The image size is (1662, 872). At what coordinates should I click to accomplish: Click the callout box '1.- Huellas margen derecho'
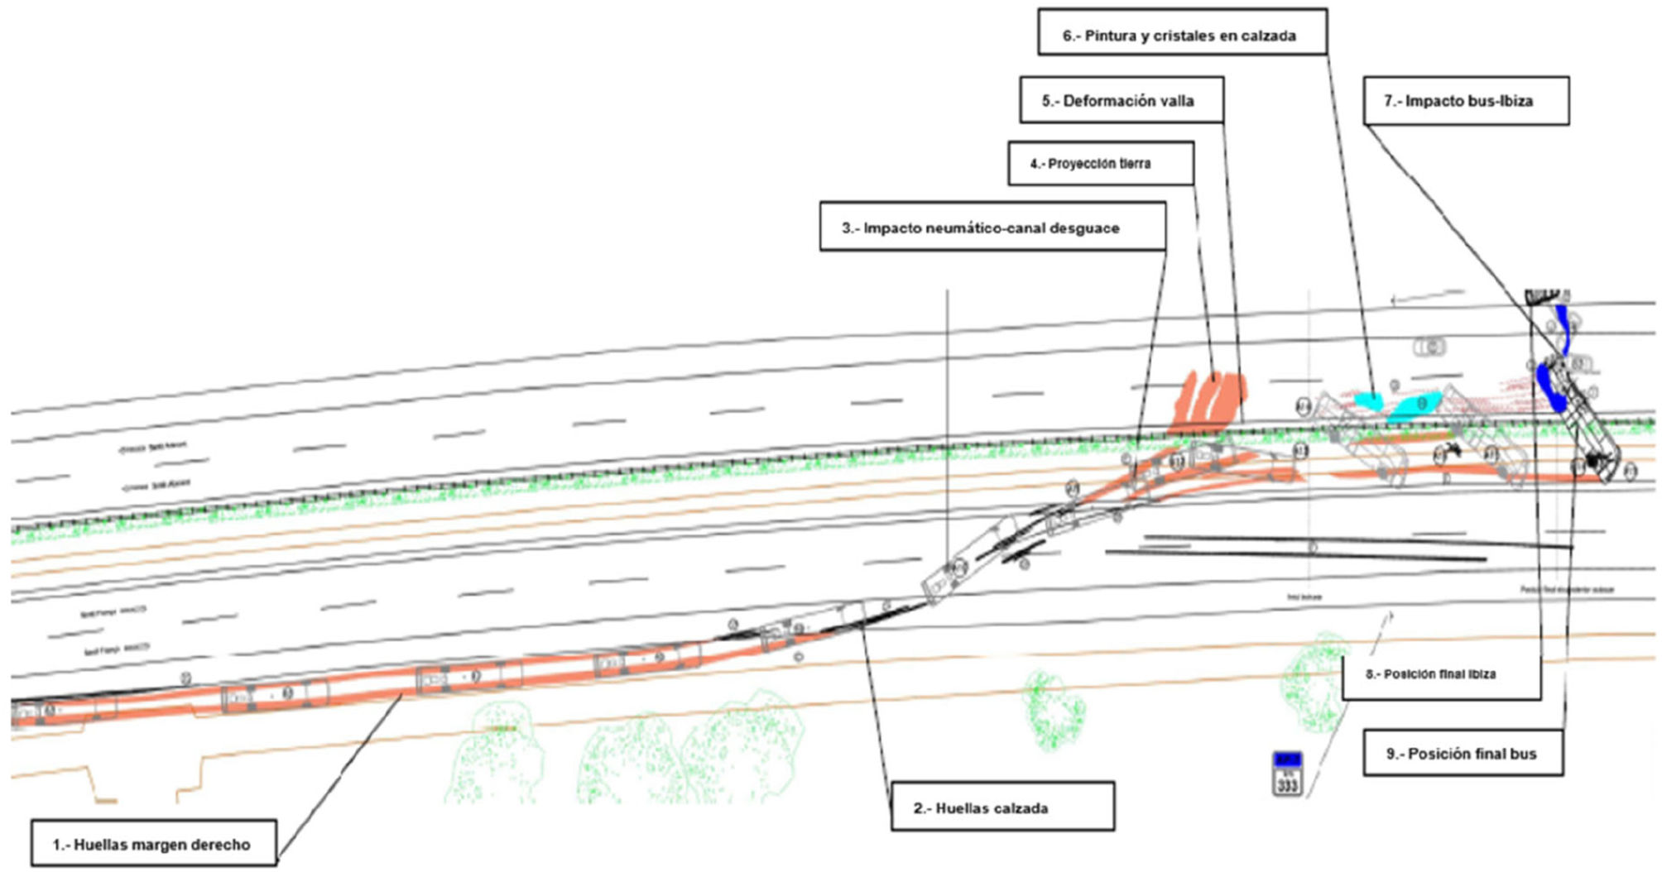click(154, 844)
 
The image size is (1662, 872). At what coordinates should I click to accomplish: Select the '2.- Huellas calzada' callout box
click(1002, 807)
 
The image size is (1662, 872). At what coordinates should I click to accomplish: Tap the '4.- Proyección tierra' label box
click(1100, 163)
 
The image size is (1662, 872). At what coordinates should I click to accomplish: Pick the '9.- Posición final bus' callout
click(1463, 753)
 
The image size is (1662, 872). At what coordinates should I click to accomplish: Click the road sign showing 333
click(1287, 774)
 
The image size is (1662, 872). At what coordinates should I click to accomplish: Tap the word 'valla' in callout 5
click(1176, 101)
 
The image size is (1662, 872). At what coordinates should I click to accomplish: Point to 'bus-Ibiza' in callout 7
click(1501, 101)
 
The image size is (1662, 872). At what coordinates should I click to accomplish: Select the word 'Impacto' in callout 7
click(1434, 101)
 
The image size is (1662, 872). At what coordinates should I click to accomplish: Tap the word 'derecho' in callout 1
click(222, 844)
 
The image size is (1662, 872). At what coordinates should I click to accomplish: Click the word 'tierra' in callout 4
click(1133, 163)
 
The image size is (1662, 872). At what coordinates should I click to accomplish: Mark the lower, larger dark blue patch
click(1549, 386)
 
